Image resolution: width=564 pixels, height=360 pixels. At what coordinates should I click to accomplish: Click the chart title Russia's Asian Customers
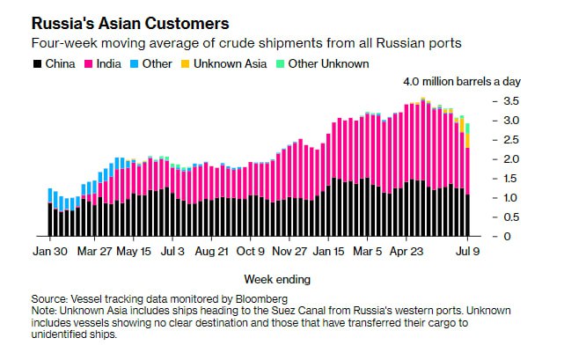131,23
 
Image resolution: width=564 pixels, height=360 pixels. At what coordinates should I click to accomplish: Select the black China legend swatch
36,63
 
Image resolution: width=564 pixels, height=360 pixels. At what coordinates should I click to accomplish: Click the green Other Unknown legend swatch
281,63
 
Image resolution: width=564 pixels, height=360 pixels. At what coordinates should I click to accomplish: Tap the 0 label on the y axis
506,237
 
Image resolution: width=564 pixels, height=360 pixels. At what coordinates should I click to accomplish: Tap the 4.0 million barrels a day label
461,82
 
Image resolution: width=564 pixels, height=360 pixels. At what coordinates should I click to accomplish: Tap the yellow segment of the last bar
467,140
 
